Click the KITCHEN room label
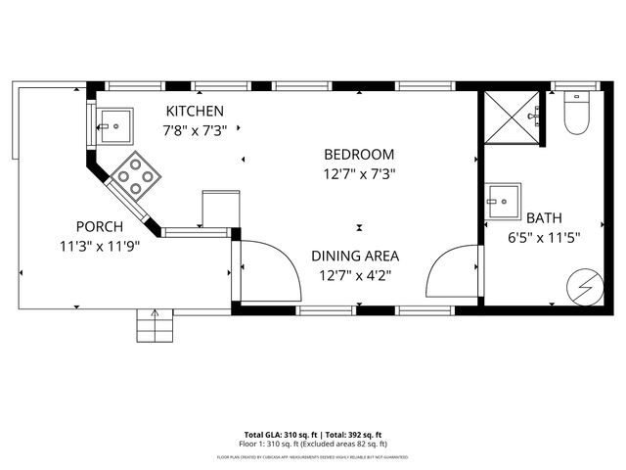(x=195, y=111)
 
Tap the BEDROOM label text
(x=359, y=154)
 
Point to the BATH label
(x=544, y=217)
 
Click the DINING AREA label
(x=355, y=256)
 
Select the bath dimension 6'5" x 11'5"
(x=544, y=237)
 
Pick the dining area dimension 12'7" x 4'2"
(x=355, y=275)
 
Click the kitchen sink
(x=112, y=124)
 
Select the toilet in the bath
(x=576, y=114)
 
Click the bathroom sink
(x=504, y=202)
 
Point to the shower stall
(x=512, y=117)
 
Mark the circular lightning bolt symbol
(x=585, y=286)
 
